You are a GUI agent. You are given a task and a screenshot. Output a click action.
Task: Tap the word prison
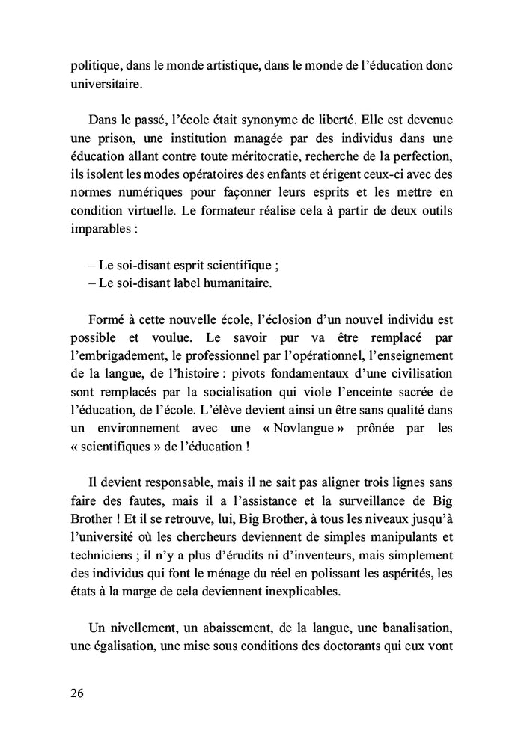[x=121, y=138]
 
